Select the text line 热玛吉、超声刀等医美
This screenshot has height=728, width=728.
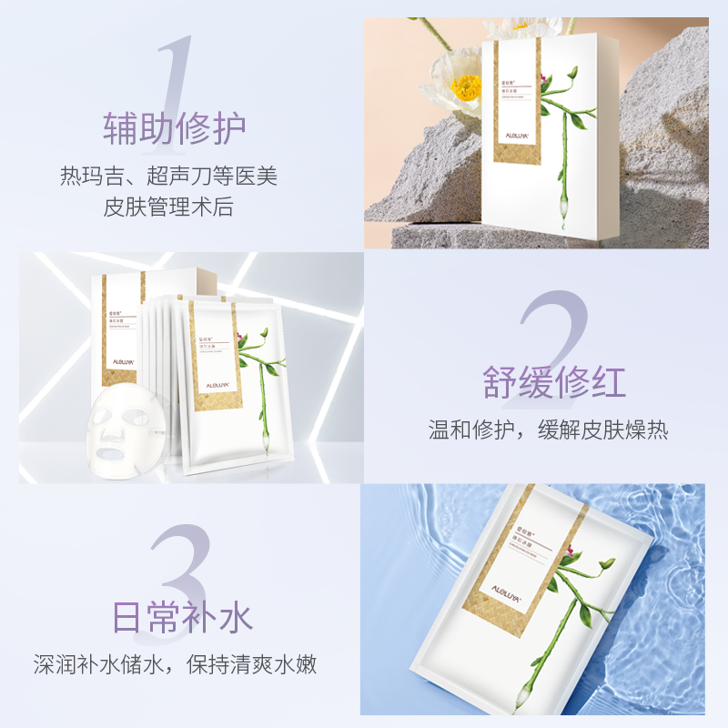(x=168, y=176)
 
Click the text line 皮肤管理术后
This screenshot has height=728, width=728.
(x=168, y=207)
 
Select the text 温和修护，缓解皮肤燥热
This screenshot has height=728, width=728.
(x=549, y=430)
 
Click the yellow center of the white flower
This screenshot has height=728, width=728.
(x=466, y=88)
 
